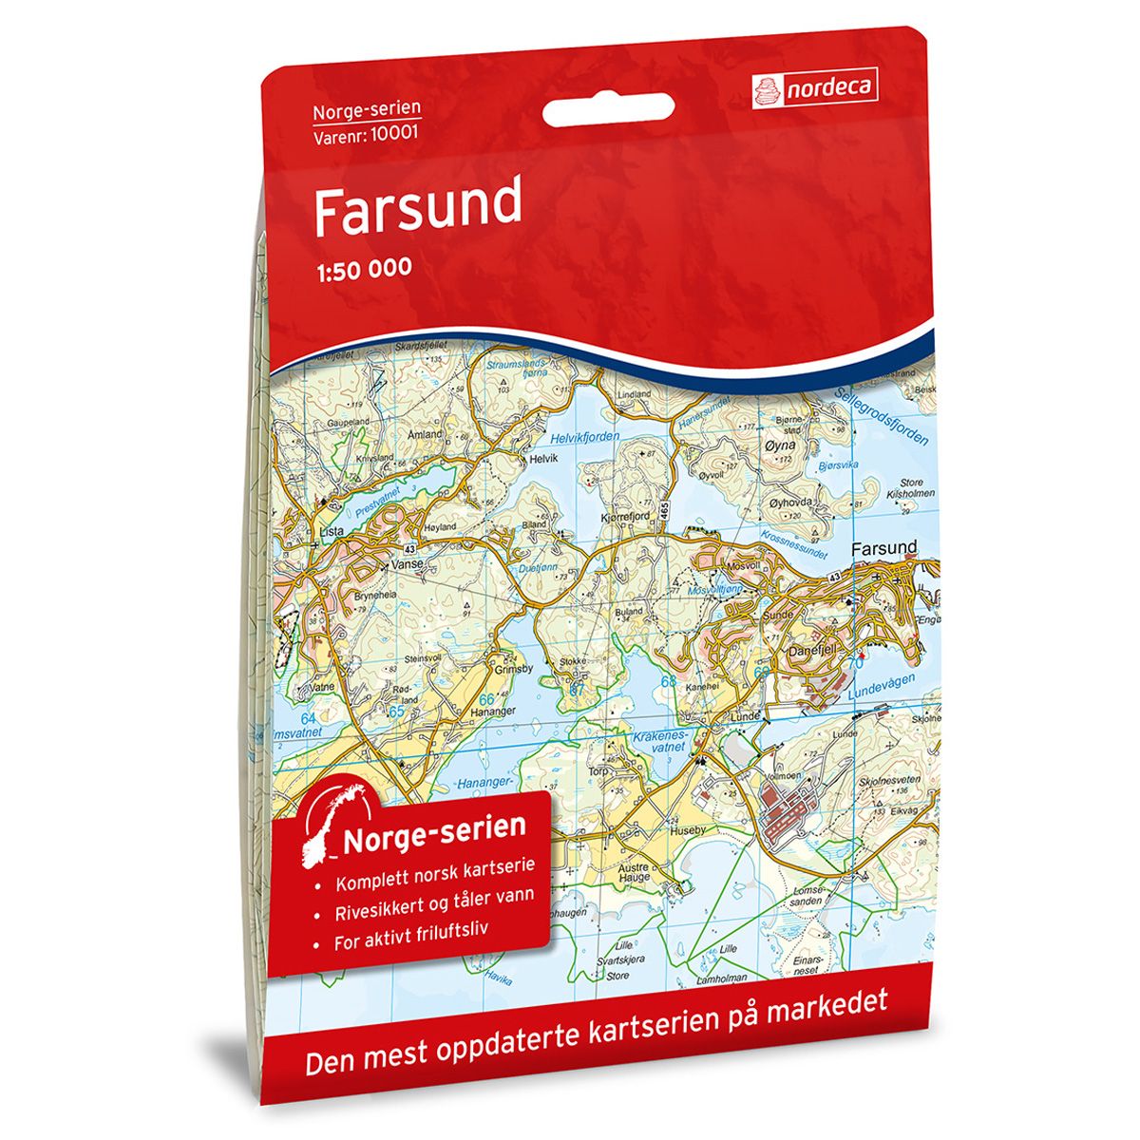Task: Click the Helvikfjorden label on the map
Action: (x=584, y=436)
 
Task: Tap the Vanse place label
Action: (x=408, y=562)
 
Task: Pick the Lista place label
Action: (x=332, y=533)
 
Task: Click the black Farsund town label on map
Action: (x=883, y=548)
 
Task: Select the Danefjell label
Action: (x=814, y=653)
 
